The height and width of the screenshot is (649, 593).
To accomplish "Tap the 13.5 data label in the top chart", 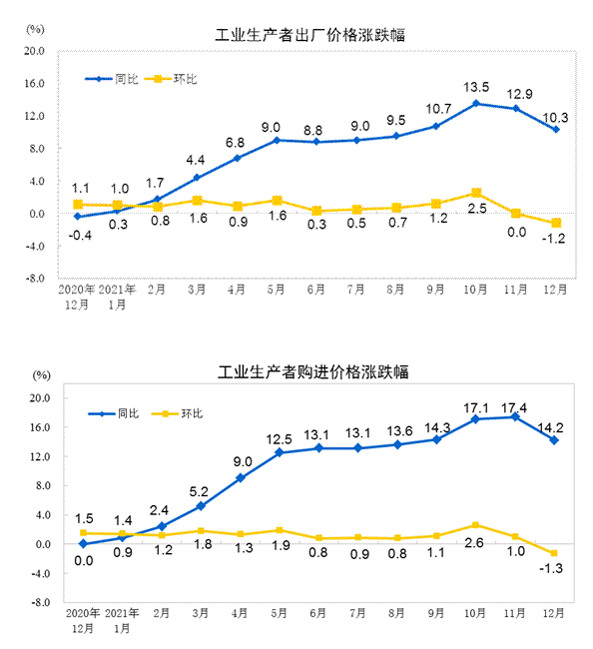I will tap(476, 86).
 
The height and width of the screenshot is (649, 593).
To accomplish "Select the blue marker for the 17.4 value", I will tap(515, 416).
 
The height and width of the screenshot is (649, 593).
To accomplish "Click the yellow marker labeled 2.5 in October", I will tap(476, 193).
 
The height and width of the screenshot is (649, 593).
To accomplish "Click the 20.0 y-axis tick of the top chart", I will tap(35, 51).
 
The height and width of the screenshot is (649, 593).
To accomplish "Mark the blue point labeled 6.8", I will tap(237, 158).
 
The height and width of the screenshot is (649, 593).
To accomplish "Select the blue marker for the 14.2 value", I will tap(555, 440).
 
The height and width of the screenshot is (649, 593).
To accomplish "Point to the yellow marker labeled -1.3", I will tap(555, 553).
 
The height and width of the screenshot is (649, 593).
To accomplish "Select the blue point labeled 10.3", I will tap(555, 129).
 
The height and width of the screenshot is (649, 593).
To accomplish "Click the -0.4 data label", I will tap(77, 235).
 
